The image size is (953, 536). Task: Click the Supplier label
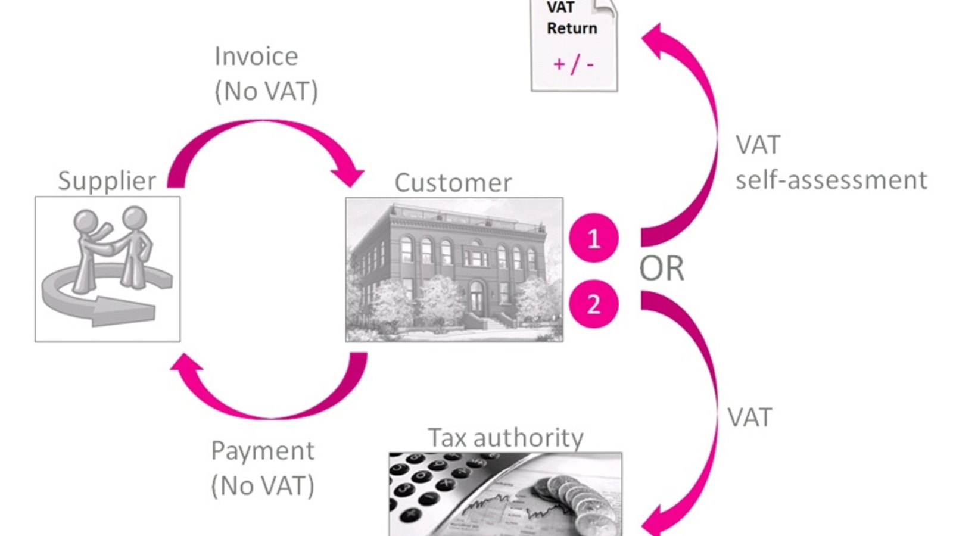pyautogui.click(x=107, y=180)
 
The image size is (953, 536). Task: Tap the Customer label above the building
pyautogui.click(x=453, y=183)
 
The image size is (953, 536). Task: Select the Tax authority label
pyautogui.click(x=505, y=438)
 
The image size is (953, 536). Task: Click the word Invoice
pyautogui.click(x=256, y=57)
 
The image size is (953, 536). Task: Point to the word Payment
pyautogui.click(x=263, y=451)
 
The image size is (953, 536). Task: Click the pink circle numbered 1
pyautogui.click(x=593, y=238)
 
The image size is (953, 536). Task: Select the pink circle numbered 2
pyautogui.click(x=593, y=304)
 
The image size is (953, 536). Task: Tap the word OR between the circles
pyautogui.click(x=661, y=269)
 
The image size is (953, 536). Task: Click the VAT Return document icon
pyautogui.click(x=574, y=45)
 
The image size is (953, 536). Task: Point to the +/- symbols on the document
pyautogui.click(x=573, y=64)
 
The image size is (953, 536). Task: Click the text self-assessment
pyautogui.click(x=831, y=180)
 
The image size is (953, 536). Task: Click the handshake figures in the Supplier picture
pyautogui.click(x=113, y=244)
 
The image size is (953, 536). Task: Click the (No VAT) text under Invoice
pyautogui.click(x=266, y=92)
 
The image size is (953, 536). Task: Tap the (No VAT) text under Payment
pyautogui.click(x=263, y=486)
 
